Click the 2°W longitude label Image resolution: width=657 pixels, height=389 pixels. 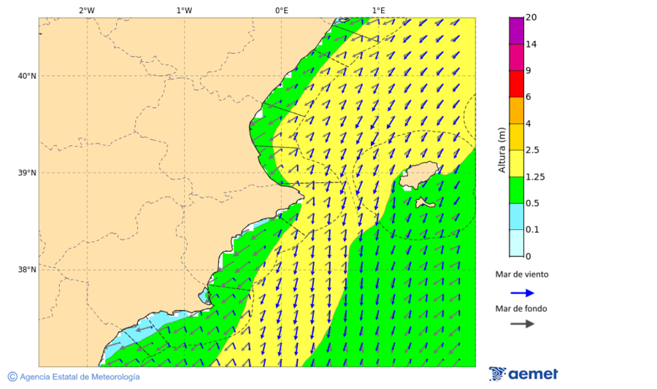[x=86, y=10]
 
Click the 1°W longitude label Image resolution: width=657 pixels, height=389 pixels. [x=184, y=10]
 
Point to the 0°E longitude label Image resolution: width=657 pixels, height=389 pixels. [x=281, y=10]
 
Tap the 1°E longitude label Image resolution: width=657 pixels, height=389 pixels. [x=378, y=10]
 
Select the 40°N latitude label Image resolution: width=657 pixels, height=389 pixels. [x=27, y=76]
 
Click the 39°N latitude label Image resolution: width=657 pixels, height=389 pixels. [x=27, y=173]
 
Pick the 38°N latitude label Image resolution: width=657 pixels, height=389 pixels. [x=27, y=270]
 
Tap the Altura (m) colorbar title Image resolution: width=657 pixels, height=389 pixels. [x=502, y=150]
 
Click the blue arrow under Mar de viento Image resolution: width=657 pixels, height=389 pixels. [x=522, y=293]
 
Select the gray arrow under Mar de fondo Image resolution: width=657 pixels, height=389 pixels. [x=522, y=323]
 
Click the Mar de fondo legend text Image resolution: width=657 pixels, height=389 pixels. [x=521, y=309]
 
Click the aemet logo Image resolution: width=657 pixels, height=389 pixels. [x=523, y=374]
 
